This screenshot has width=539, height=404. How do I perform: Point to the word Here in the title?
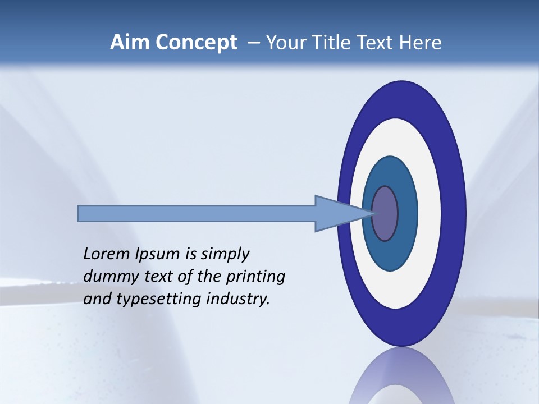pyautogui.click(x=421, y=43)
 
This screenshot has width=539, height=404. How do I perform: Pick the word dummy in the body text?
pyautogui.click(x=108, y=277)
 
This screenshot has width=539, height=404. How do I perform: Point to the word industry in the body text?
pyautogui.click(x=238, y=299)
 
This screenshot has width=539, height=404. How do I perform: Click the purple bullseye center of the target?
pyautogui.click(x=385, y=213)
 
